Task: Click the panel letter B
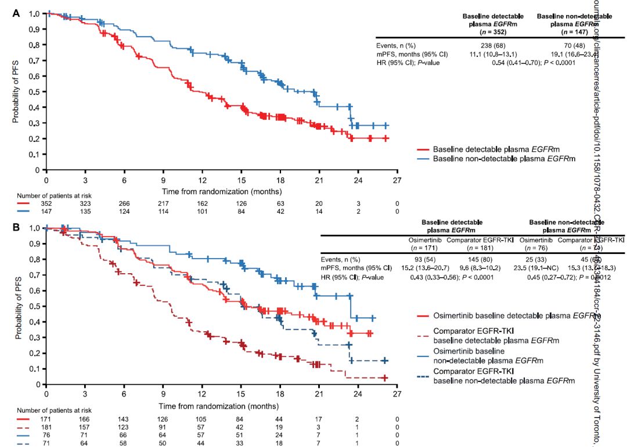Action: (17, 226)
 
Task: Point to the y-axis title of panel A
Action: (16, 91)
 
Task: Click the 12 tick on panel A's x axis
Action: (202, 180)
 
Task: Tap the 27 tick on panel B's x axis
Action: (397, 394)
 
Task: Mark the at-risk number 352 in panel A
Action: (46, 205)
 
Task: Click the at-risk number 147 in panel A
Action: (46, 212)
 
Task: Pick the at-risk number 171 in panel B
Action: (46, 419)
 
